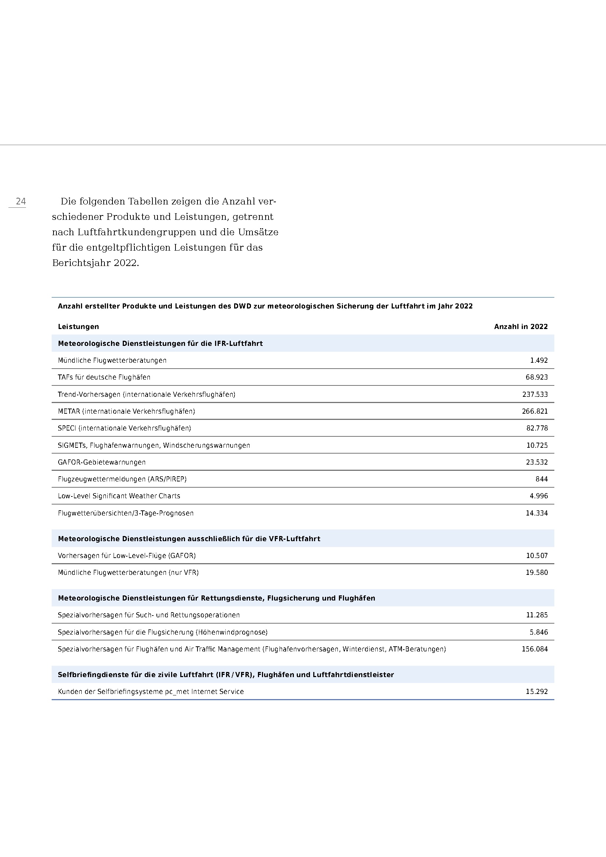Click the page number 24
tap(21, 202)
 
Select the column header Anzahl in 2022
tap(521, 326)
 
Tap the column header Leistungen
tap(78, 326)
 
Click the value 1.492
tap(539, 360)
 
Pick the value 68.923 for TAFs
tap(537, 377)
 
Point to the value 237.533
tap(535, 394)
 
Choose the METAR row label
tap(126, 411)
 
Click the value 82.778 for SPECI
tap(537, 428)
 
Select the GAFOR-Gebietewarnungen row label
tap(101, 462)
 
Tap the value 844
tap(542, 479)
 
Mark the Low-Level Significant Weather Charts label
tap(119, 496)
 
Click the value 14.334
tap(537, 513)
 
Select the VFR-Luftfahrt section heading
tap(189, 539)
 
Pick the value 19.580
tap(537, 572)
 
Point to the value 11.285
tap(537, 615)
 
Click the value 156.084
tap(535, 649)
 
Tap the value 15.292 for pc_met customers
tap(537, 691)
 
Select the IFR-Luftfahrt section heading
tap(160, 343)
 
